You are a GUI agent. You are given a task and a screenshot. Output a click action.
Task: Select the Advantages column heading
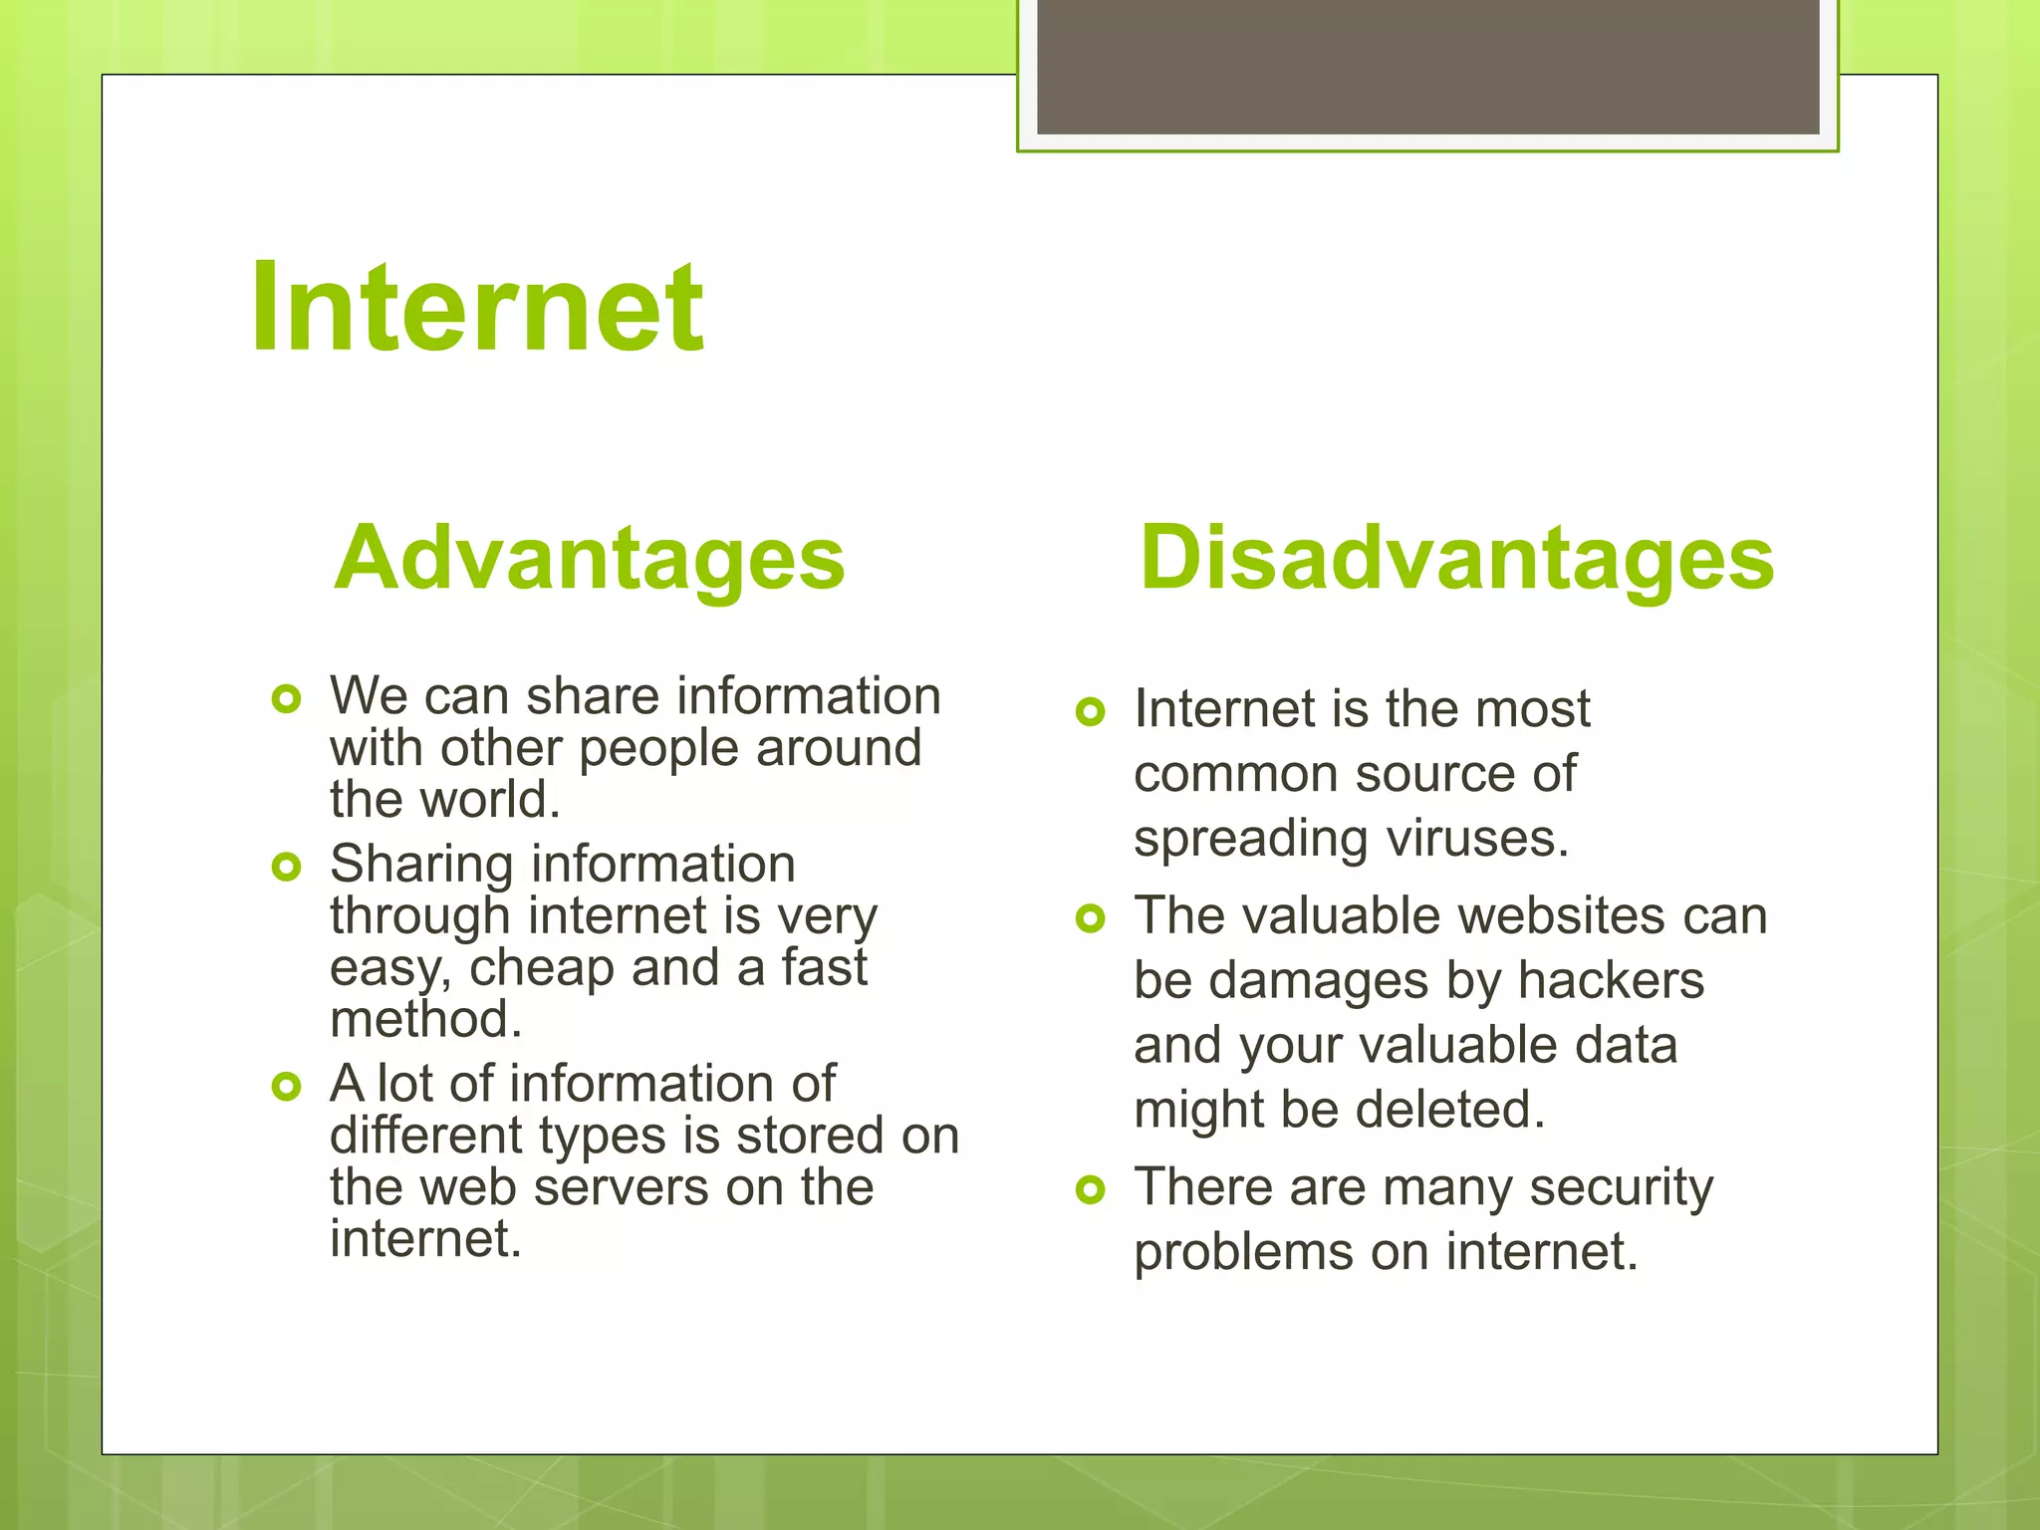pyautogui.click(x=589, y=558)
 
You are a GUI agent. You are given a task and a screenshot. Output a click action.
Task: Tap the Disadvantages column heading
pyautogui.click(x=1456, y=558)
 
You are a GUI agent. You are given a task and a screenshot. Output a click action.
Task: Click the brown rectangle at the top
pyautogui.click(x=1427, y=66)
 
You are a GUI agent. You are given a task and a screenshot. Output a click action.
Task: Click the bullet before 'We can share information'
pyautogui.click(x=286, y=699)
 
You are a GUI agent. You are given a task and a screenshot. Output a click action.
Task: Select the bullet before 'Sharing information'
pyautogui.click(x=286, y=867)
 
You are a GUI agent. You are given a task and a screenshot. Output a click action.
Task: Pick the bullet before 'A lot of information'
pyautogui.click(x=286, y=1086)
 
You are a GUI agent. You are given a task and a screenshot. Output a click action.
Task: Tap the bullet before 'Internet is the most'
pyautogui.click(x=1091, y=712)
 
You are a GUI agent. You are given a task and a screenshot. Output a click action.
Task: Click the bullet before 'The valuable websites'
pyautogui.click(x=1091, y=918)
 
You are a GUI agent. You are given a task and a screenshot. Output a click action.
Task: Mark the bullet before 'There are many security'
pyautogui.click(x=1091, y=1189)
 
